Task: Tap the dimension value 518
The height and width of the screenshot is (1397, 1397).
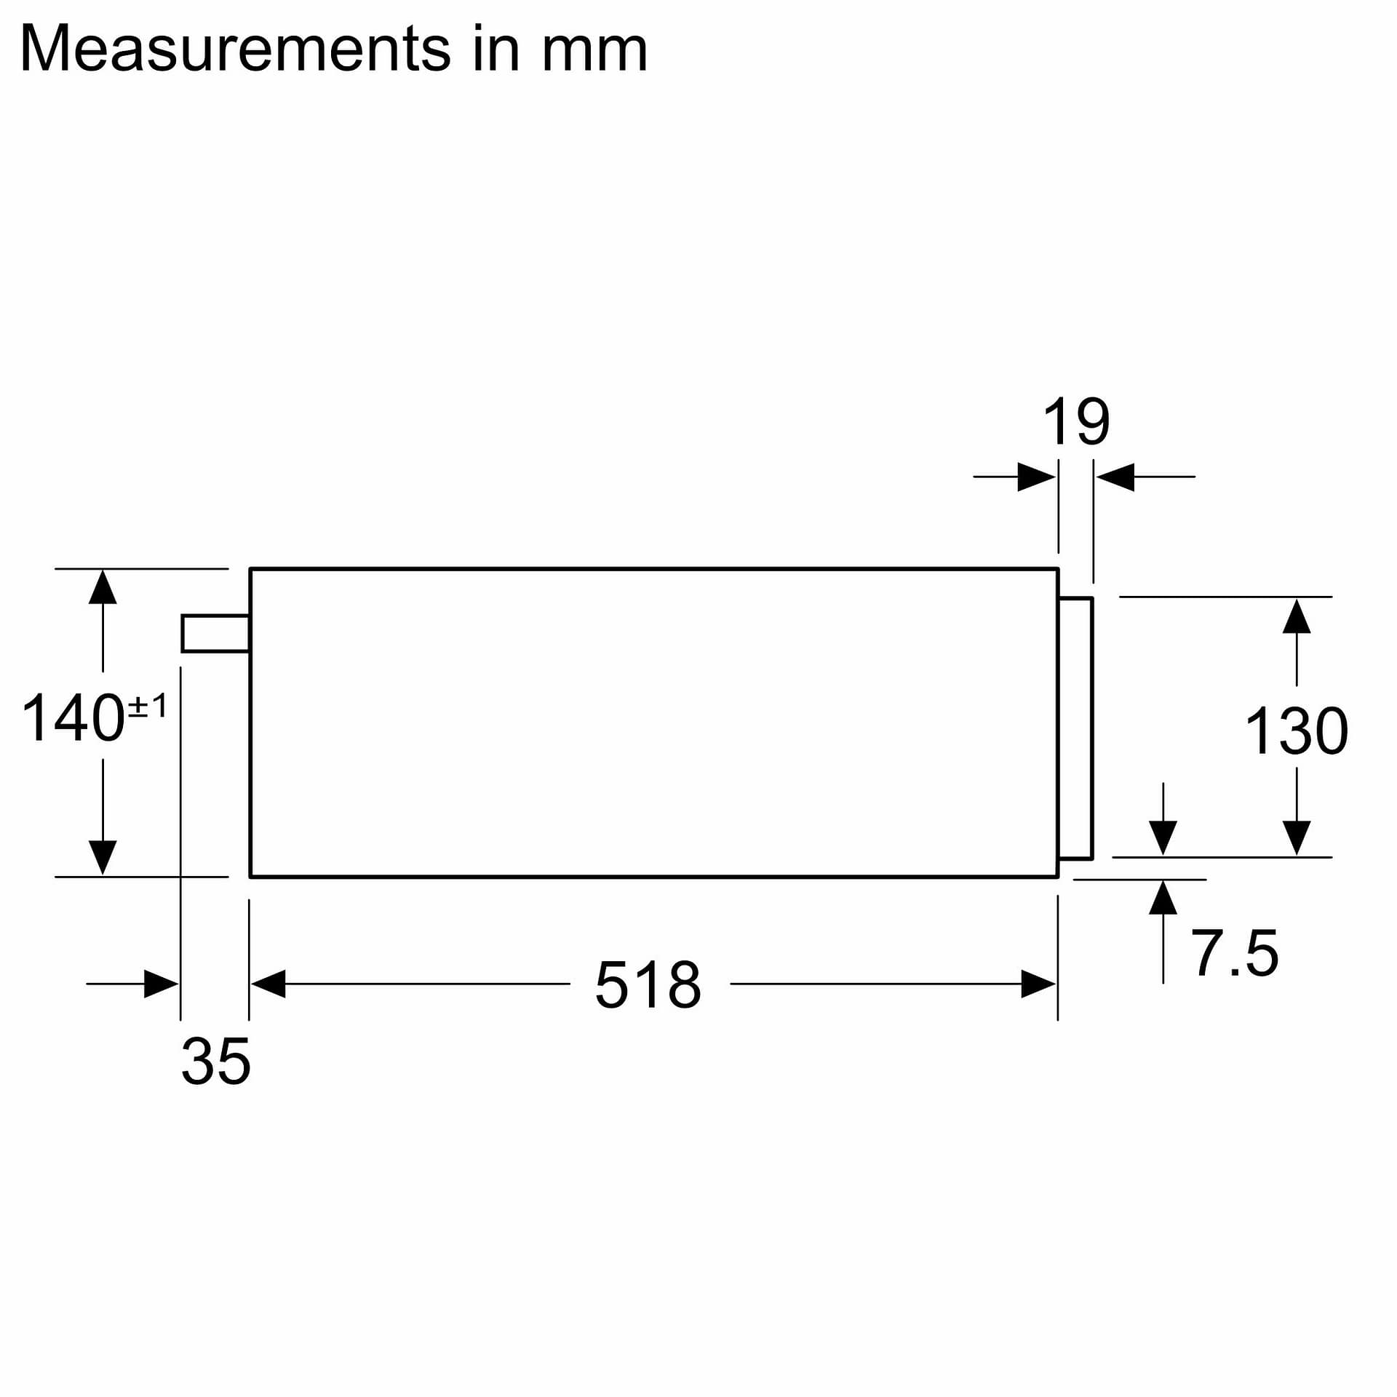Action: coord(648,985)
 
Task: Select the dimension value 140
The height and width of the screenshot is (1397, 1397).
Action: coord(73,718)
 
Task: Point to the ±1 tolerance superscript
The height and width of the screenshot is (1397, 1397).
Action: coord(148,706)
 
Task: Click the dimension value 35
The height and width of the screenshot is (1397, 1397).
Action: coord(215,1062)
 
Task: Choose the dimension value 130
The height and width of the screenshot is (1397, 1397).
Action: coord(1296,731)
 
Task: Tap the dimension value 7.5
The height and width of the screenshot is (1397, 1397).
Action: coord(1234,953)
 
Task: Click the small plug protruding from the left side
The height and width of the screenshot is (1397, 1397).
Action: coord(215,633)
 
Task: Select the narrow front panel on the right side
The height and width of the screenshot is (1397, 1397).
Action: coord(1075,728)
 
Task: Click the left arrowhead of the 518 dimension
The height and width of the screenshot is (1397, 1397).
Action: coord(268,984)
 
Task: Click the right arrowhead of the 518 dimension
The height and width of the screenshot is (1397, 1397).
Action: coord(1038,984)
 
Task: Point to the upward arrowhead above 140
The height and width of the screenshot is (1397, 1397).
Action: coord(103,588)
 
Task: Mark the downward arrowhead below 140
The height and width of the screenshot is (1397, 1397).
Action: coord(103,856)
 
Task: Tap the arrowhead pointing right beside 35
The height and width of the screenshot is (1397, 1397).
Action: coord(161,984)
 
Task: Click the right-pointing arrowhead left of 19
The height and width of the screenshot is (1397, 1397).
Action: coord(1035,477)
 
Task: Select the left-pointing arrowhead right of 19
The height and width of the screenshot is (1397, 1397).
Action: coord(1115,477)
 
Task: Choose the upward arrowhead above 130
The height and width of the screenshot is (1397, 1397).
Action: coord(1297,617)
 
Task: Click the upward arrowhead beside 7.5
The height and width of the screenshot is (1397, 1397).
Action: coord(1163,898)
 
